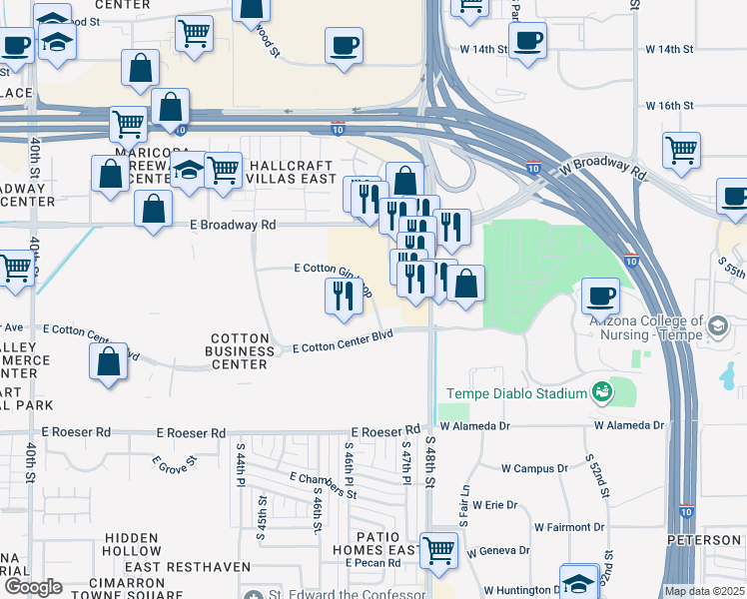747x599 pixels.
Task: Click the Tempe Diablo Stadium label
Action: [516, 393]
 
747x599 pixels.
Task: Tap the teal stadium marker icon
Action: [603, 392]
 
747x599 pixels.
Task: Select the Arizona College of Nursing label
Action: [640, 327]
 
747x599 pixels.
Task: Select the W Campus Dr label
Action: [534, 467]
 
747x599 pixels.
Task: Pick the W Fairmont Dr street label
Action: [569, 526]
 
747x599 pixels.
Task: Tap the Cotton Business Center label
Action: [240, 351]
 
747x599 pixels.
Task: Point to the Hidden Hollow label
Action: [132, 544]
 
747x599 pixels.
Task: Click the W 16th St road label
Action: [669, 105]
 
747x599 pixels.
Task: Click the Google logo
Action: [33, 587]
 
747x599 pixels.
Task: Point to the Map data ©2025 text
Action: [704, 591]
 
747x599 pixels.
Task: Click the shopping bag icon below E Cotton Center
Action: [108, 362]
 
